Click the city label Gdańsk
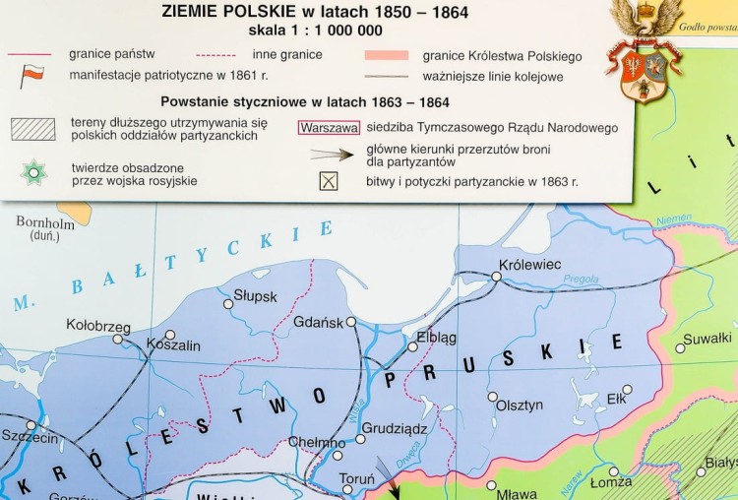[318, 322]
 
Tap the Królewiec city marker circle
[497, 277]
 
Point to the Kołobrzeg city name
[97, 325]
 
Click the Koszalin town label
[173, 345]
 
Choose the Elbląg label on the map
[436, 336]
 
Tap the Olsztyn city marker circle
[492, 396]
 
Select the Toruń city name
[355, 479]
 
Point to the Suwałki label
[708, 338]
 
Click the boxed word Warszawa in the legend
[328, 128]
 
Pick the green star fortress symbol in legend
[34, 171]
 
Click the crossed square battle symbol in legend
[329, 180]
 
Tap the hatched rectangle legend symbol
[34, 128]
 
